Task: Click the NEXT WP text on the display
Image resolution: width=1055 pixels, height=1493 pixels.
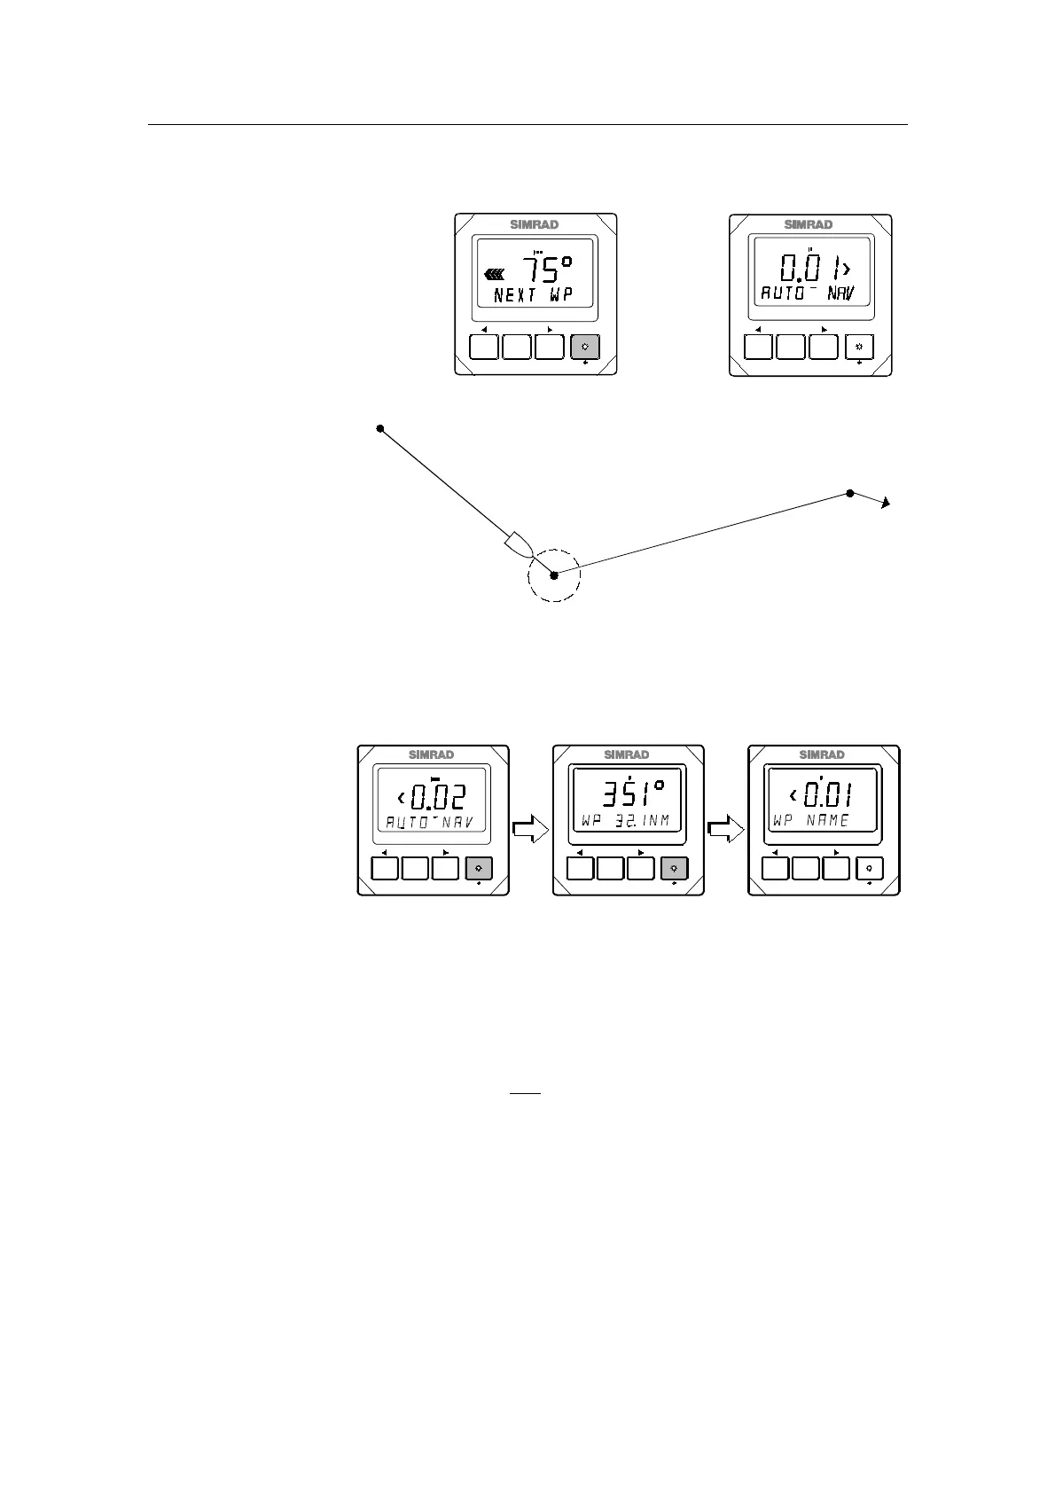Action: (x=533, y=295)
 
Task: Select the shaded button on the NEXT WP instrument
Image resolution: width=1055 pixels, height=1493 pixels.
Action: (x=584, y=347)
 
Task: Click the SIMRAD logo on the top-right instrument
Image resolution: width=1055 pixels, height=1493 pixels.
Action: (x=809, y=224)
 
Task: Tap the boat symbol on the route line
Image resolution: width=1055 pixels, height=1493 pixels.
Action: (x=517, y=543)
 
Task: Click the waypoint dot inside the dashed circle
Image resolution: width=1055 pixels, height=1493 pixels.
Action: (x=554, y=575)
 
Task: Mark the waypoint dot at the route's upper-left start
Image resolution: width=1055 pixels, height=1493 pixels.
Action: (x=380, y=429)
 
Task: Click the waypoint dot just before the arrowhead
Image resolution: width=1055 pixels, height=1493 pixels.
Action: (x=850, y=493)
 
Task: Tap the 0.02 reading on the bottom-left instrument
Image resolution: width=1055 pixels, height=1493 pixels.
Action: (x=437, y=796)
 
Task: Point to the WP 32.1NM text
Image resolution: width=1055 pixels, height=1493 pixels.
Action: (x=625, y=822)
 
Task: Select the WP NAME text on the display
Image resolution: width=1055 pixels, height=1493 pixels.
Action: (x=811, y=821)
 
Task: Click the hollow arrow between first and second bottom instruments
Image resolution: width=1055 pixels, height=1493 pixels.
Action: (x=530, y=830)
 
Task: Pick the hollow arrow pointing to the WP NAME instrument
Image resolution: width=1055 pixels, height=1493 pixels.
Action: (x=726, y=830)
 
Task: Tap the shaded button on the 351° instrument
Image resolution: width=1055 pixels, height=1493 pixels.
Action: (x=675, y=869)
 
